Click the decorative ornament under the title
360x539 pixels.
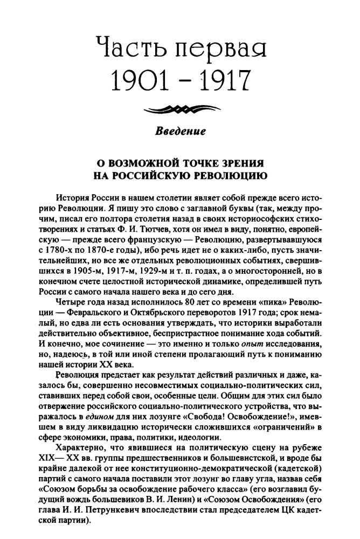click(x=179, y=110)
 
